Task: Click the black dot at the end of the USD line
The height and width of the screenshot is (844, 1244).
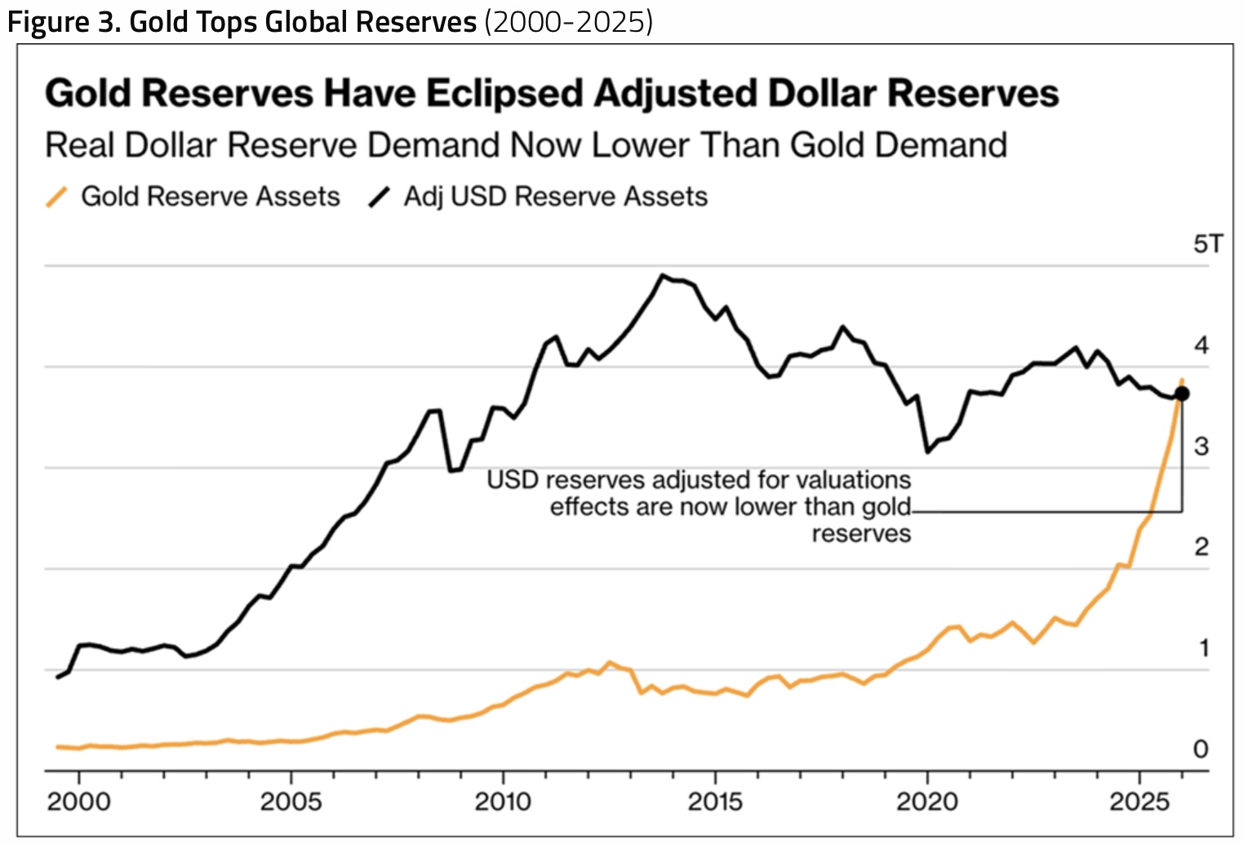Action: click(x=1182, y=393)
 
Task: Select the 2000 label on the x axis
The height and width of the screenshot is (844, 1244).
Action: click(x=79, y=802)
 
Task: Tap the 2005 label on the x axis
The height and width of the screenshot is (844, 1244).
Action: click(x=291, y=802)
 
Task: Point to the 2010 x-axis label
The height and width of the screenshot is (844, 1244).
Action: click(x=503, y=802)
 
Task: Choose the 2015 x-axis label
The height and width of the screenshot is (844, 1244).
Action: click(x=715, y=802)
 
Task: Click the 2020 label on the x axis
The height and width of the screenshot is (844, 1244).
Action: click(x=927, y=802)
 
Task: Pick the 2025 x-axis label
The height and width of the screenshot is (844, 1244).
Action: click(x=1140, y=802)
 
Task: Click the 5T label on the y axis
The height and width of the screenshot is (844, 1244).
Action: click(x=1208, y=244)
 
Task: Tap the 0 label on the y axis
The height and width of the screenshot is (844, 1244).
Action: click(x=1202, y=749)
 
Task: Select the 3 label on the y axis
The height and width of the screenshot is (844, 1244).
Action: click(x=1202, y=446)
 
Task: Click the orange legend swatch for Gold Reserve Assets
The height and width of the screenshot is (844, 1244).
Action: click(x=56, y=197)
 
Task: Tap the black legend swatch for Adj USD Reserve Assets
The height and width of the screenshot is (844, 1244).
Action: click(x=380, y=197)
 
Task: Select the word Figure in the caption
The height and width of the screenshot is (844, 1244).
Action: click(x=48, y=22)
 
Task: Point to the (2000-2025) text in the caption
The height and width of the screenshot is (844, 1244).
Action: click(x=569, y=22)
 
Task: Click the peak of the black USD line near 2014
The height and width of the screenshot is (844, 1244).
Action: click(x=661, y=275)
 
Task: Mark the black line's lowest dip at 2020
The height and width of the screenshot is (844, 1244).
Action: click(x=927, y=451)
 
